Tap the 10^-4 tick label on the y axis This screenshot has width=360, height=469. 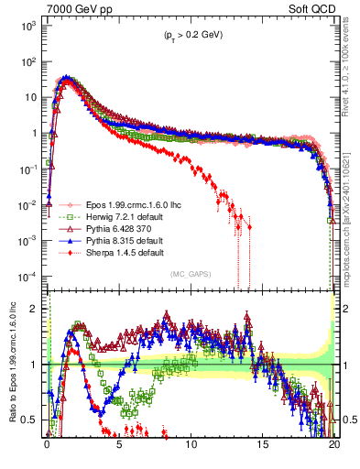(x=28, y=277)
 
